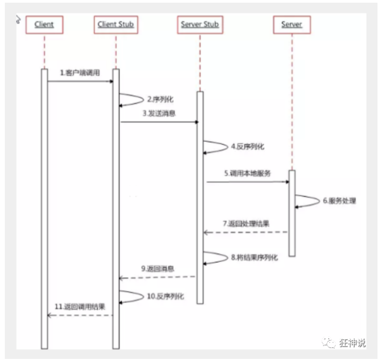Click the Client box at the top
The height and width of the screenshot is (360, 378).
(x=44, y=24)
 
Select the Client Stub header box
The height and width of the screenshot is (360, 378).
(x=115, y=24)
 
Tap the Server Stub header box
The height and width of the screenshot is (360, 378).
(x=199, y=24)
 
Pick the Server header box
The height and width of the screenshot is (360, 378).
(x=291, y=24)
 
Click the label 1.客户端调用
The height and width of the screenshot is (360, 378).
(x=79, y=72)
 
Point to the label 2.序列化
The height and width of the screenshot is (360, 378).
(x=160, y=99)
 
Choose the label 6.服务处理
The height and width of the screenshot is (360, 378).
(x=339, y=201)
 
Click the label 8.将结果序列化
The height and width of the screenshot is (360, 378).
(x=255, y=258)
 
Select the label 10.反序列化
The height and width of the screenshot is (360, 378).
(x=166, y=296)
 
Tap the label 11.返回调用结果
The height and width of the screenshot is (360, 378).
(x=79, y=306)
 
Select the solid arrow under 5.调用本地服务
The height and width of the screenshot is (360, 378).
(x=248, y=182)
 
